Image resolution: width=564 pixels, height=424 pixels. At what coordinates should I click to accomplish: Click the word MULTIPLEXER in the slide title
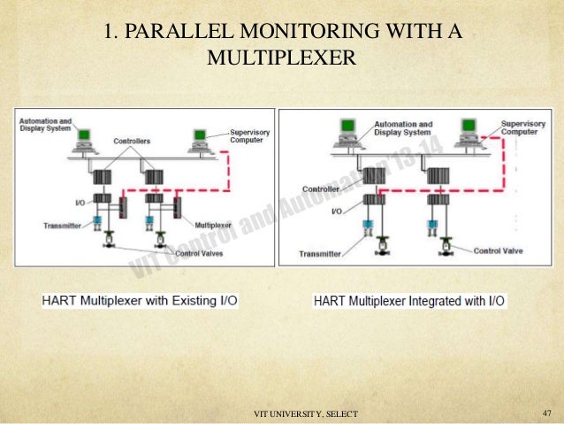click(280, 60)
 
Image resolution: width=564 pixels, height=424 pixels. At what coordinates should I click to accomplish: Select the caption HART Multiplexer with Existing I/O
click(140, 301)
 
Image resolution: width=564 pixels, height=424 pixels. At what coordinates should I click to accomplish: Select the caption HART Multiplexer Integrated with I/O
click(409, 301)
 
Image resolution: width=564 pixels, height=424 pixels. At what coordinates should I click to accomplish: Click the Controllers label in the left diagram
click(131, 141)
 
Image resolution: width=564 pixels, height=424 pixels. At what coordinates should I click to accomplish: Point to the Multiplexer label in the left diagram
click(213, 226)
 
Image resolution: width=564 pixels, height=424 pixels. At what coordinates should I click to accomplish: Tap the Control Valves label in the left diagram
click(200, 253)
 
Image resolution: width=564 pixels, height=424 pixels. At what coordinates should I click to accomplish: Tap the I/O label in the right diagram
click(336, 212)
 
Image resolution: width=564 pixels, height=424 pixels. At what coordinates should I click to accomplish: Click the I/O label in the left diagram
click(80, 202)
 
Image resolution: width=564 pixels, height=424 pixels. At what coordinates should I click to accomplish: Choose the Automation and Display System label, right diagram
click(403, 128)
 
